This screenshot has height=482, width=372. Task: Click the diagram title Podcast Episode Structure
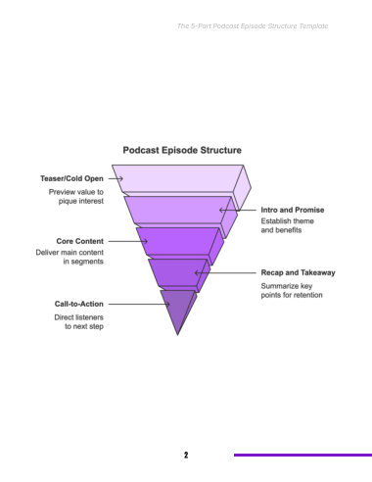182,150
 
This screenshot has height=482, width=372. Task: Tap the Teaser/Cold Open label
71,178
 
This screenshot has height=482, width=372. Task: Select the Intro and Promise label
293,210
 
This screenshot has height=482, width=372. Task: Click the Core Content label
80,241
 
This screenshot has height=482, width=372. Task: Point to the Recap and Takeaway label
298,272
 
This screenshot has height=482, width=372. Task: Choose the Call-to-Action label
79,304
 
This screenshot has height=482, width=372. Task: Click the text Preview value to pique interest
76,196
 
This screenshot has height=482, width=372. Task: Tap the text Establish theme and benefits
288,225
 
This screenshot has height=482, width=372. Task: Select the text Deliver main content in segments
70,257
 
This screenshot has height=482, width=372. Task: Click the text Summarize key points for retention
292,290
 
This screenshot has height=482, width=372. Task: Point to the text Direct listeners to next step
79,321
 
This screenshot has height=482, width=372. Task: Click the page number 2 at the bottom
186,455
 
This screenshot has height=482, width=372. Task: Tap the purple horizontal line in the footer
302,455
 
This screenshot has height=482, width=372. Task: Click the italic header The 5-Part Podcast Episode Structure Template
253,26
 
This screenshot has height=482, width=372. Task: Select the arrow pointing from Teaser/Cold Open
116,178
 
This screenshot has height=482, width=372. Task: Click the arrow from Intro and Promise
238,210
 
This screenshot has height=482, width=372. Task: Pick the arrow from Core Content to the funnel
128,241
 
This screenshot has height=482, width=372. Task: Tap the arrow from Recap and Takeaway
225,272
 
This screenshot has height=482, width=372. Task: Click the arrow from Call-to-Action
139,304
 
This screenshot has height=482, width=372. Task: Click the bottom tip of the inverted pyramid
177,335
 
